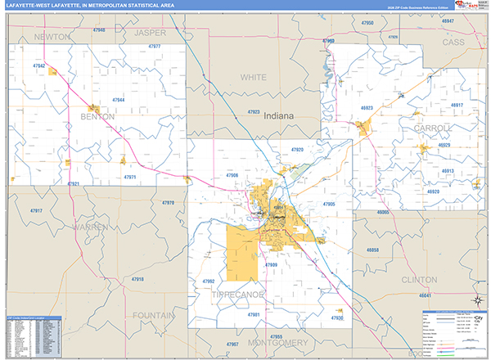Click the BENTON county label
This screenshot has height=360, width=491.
click(97, 117)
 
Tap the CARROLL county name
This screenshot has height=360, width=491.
click(433, 128)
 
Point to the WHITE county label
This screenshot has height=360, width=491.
click(253, 77)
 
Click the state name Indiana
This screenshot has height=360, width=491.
click(277, 117)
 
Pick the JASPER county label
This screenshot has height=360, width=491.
click(150, 33)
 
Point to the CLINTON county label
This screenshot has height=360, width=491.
click(420, 279)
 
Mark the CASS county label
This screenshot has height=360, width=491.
click(453, 42)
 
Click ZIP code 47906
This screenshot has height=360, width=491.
click(232, 176)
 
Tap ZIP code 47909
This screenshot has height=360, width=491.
click(271, 265)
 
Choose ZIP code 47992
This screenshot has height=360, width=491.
click(207, 281)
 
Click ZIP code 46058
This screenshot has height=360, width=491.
click(372, 248)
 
